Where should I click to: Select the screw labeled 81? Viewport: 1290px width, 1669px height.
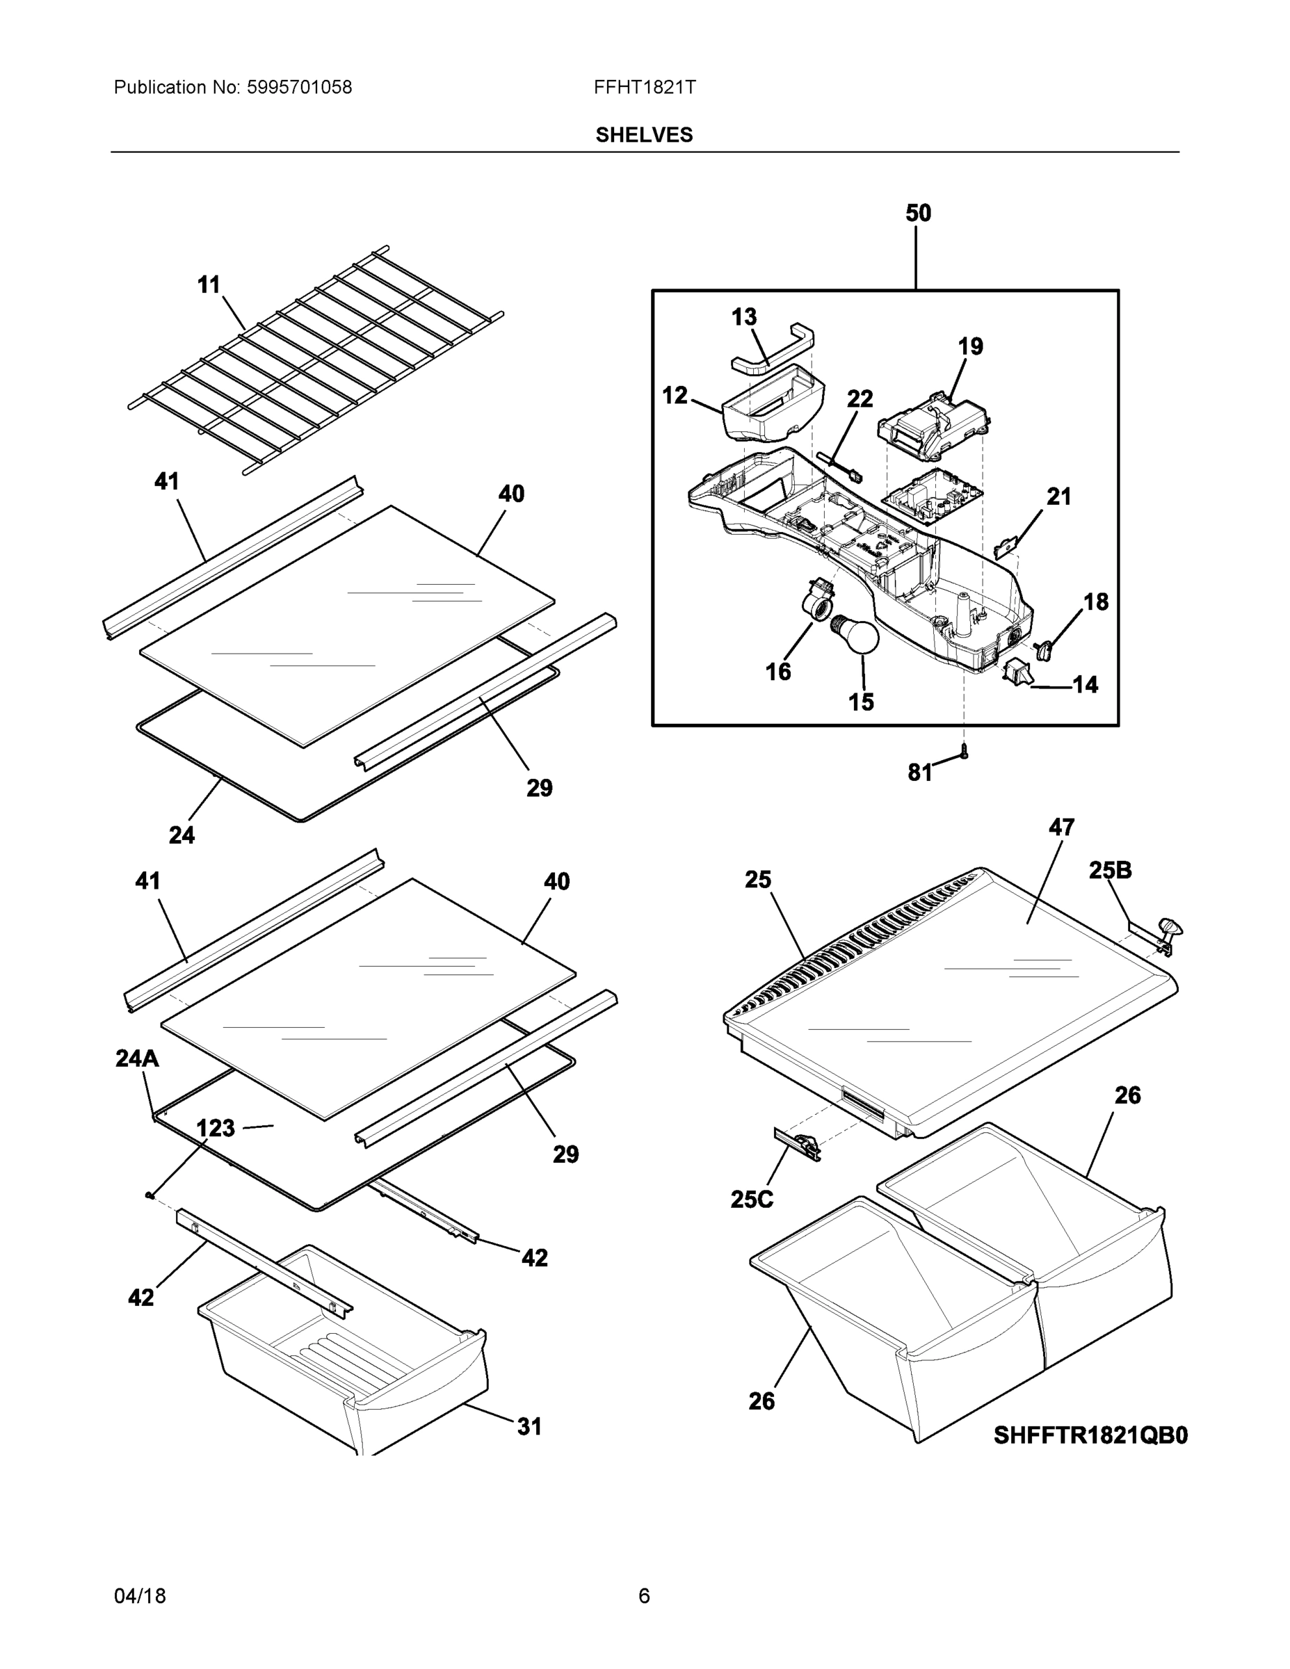coord(964,752)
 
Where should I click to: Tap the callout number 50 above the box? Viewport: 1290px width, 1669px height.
coord(918,213)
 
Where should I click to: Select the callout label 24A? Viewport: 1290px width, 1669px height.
coord(138,1058)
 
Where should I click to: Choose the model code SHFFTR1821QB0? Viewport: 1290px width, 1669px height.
coord(1090,1436)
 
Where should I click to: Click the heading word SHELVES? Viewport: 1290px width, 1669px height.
coord(644,136)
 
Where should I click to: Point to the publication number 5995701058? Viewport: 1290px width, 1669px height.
coord(299,88)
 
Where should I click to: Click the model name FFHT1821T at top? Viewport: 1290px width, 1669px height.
coord(644,88)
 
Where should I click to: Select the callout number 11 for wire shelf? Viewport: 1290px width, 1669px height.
coord(209,285)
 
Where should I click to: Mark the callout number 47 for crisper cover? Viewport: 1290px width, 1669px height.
coord(1061,827)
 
